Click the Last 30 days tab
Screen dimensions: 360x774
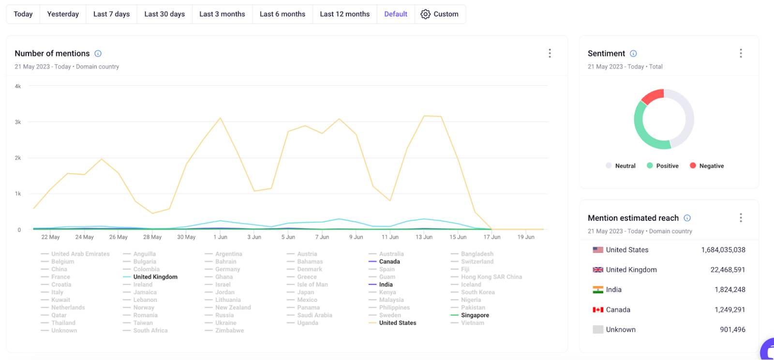tap(164, 14)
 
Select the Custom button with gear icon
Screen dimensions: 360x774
tap(439, 14)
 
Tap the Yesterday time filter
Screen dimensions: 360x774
tap(63, 14)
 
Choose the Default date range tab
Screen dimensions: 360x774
tap(395, 14)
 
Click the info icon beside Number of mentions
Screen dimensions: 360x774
tap(98, 54)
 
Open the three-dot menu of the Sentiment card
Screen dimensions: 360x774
tap(740, 53)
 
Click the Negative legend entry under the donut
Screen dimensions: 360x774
tap(711, 166)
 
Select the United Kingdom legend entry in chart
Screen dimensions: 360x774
tap(155, 277)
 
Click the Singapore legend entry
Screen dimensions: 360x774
tap(475, 315)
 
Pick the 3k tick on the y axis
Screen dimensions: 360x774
tap(18, 122)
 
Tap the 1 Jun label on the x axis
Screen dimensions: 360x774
tap(220, 237)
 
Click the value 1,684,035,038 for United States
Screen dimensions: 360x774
tap(723, 250)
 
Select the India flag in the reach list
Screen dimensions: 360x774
tap(598, 290)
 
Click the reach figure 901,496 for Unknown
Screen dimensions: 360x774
tap(732, 330)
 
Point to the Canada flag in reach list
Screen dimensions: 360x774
tap(598, 310)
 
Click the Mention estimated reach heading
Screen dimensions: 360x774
tap(633, 218)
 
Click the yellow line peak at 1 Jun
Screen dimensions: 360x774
tap(220, 118)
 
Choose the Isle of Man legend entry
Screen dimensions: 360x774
tap(312, 285)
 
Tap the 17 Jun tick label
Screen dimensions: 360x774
tap(491, 237)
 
